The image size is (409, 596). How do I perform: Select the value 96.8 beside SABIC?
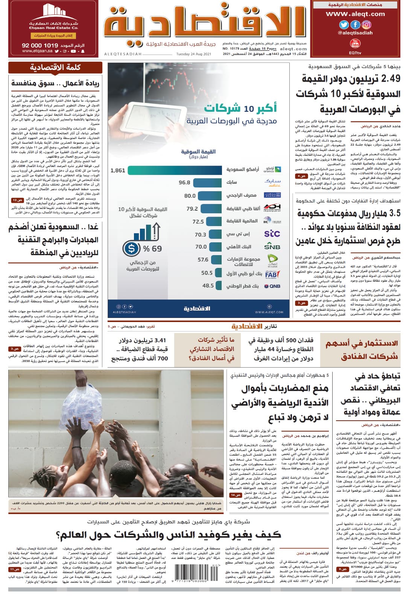pyautogui.click(x=184, y=182)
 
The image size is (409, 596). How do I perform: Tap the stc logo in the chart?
pyautogui.click(x=272, y=234)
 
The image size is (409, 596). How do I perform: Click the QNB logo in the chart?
pyautogui.click(x=272, y=286)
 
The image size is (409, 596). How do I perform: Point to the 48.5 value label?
pyautogui.click(x=208, y=286)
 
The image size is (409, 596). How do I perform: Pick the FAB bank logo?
pyautogui.click(x=272, y=274)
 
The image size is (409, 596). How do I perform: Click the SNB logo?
pyautogui.click(x=272, y=247)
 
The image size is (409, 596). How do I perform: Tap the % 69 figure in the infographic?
pyautogui.click(x=152, y=249)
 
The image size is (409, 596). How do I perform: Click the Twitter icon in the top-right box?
pyautogui.click(x=344, y=25)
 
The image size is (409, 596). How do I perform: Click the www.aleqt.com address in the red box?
pyautogui.click(x=355, y=14)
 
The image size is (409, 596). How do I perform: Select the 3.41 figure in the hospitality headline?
pyautogui.click(x=158, y=341)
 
